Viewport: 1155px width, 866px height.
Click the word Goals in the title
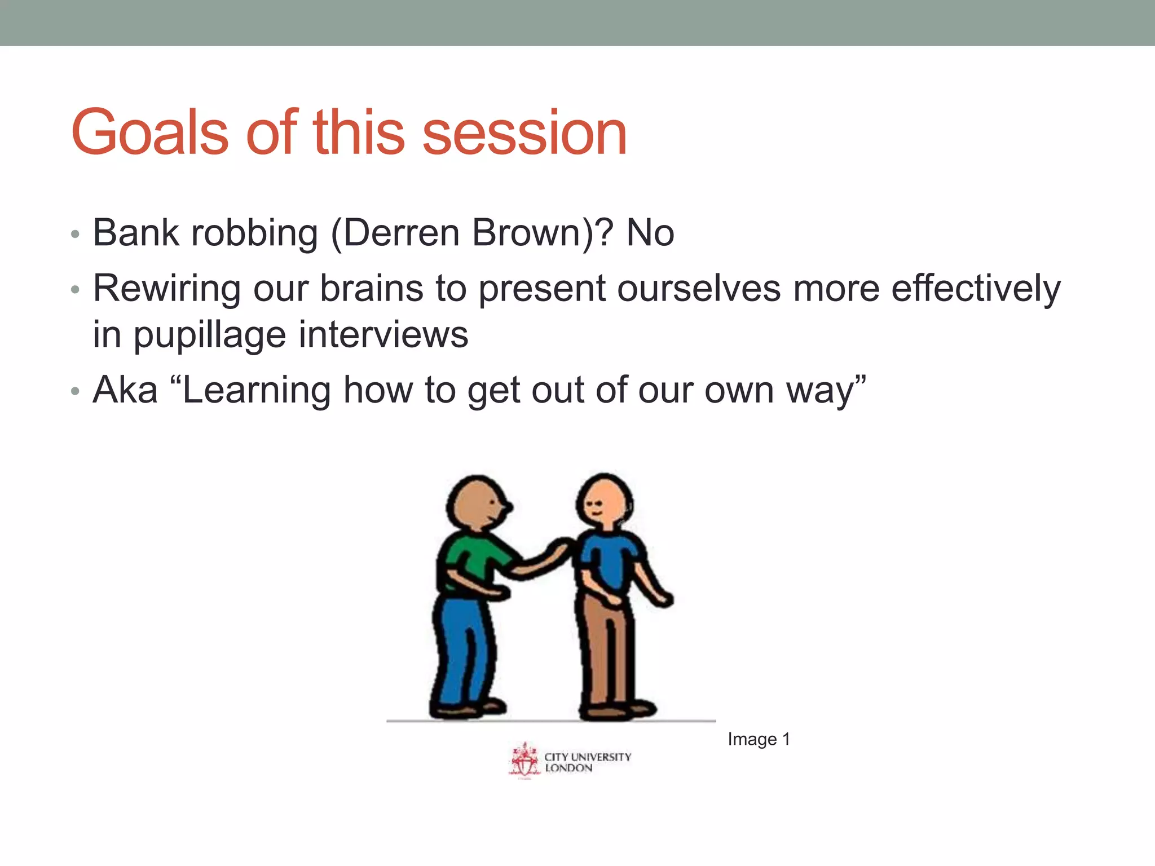[x=149, y=132]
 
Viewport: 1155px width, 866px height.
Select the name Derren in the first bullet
[x=403, y=232]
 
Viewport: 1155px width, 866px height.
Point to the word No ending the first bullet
[x=650, y=232]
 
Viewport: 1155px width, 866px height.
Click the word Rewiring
[x=166, y=289]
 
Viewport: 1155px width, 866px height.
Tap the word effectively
[x=976, y=289]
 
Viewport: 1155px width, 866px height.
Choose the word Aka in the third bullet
[x=125, y=390]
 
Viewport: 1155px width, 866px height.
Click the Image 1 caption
[x=759, y=739]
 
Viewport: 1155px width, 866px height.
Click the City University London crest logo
[x=524, y=760]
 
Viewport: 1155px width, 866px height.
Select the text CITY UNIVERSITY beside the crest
[x=587, y=757]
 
